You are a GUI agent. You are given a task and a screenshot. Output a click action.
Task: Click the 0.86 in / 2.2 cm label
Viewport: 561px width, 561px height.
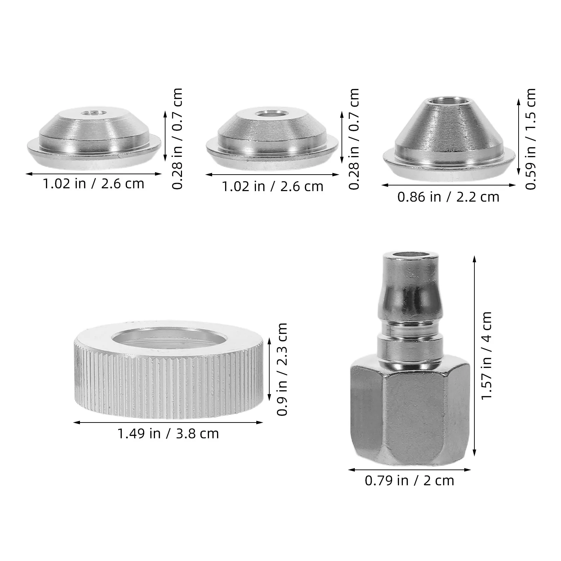click(448, 197)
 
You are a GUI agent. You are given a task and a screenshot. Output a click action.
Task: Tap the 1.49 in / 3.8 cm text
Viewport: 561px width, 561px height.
click(168, 434)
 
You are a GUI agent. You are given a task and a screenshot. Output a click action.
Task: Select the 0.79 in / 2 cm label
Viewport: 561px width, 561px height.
click(409, 480)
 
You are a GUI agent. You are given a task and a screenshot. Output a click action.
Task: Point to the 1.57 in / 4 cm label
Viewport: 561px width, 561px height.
click(487, 355)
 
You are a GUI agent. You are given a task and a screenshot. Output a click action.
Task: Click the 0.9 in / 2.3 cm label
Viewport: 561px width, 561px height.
click(282, 369)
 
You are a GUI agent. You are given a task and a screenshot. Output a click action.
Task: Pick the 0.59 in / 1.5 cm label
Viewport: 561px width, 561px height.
click(531, 139)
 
